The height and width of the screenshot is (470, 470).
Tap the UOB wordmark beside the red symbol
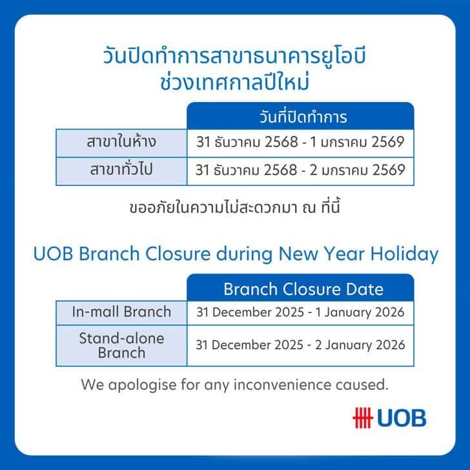click(x=402, y=418)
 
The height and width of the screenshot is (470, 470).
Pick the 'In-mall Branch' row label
click(x=121, y=312)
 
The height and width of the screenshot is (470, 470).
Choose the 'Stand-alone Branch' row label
click(x=121, y=345)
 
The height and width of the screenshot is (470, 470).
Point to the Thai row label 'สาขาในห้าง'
click(x=121, y=142)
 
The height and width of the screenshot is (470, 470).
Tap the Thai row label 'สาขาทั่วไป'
click(x=121, y=171)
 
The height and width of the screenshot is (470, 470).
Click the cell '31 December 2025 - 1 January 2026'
click(x=300, y=313)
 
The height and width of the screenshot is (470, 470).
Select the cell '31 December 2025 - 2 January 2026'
click(x=300, y=345)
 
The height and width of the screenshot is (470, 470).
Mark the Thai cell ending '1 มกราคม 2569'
click(x=300, y=142)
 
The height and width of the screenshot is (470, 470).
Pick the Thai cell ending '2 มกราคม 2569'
click(x=300, y=171)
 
